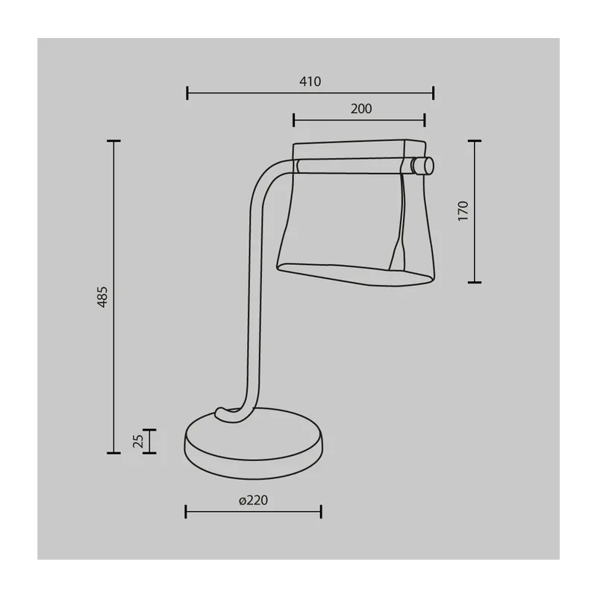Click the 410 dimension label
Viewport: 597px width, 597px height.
click(x=310, y=81)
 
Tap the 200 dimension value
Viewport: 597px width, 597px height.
click(x=361, y=109)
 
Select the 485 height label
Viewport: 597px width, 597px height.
click(x=102, y=297)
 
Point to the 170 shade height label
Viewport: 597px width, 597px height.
click(x=463, y=210)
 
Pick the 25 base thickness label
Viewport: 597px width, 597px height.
click(x=138, y=441)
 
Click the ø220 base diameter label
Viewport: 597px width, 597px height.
click(x=253, y=500)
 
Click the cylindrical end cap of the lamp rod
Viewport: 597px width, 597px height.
click(x=422, y=166)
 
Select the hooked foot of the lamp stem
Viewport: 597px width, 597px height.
click(x=228, y=414)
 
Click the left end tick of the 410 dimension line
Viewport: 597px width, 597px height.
click(x=187, y=93)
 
